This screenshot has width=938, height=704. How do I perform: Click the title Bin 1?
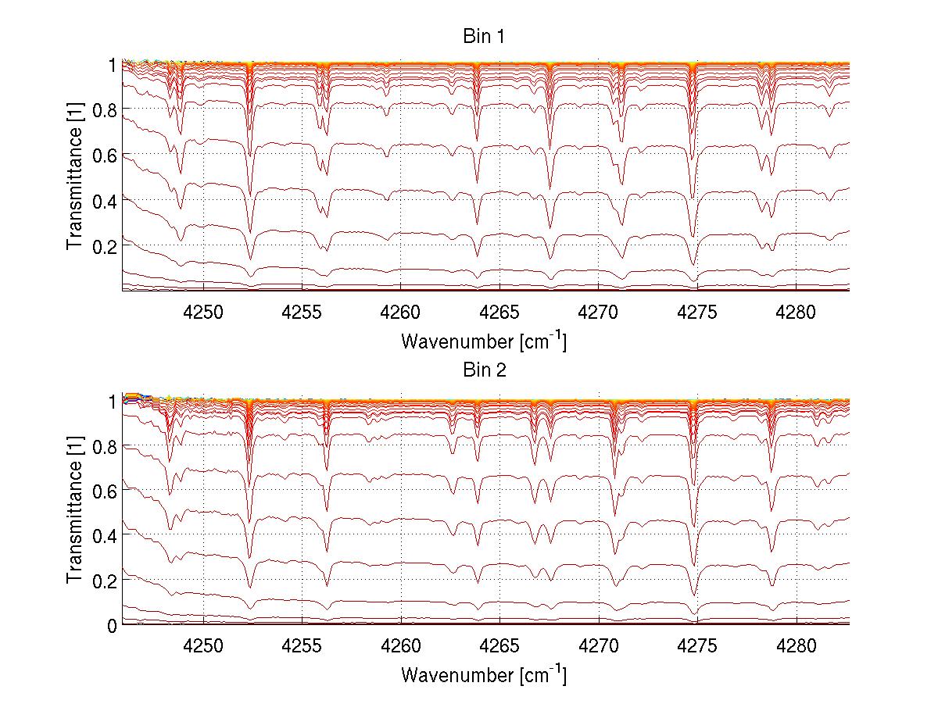(484, 37)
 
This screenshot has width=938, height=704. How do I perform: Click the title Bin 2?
(484, 370)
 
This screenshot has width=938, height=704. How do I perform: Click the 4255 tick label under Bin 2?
(302, 645)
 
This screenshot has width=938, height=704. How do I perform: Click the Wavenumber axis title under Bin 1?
(484, 341)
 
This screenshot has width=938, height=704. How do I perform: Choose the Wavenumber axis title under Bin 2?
(484, 674)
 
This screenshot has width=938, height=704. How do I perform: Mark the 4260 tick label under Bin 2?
(401, 645)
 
